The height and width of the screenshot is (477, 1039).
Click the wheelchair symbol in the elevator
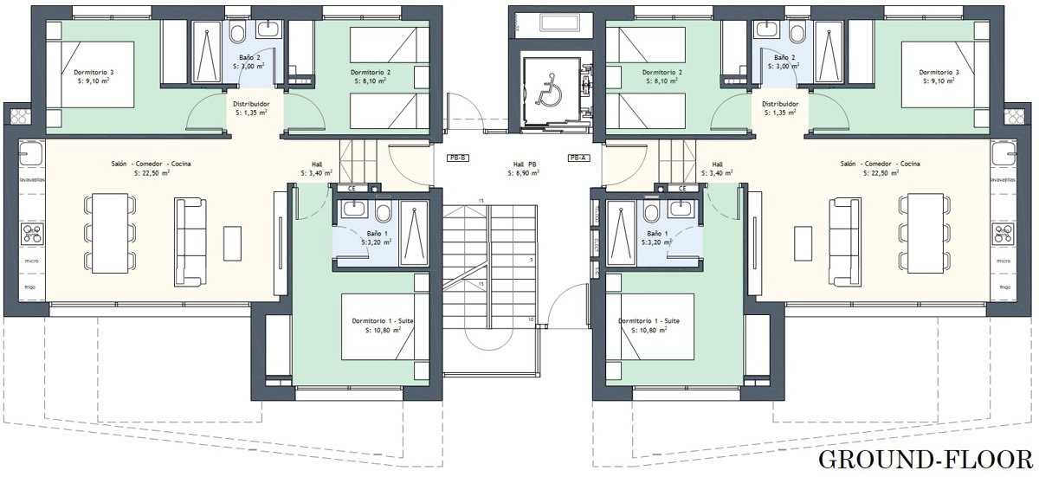point(549,89)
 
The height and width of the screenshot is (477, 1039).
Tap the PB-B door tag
point(457,158)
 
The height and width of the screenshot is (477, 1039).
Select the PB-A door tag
point(579,158)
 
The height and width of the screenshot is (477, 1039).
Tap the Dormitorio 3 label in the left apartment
point(94,73)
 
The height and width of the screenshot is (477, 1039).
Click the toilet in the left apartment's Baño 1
point(384,213)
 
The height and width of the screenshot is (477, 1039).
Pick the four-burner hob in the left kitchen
point(33,234)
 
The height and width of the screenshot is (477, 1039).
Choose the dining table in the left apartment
point(111,234)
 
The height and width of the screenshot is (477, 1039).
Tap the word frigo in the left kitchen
point(30,287)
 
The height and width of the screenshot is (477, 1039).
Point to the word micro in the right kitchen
point(1004,261)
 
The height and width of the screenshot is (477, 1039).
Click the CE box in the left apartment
point(352,189)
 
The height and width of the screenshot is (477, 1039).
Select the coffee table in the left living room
point(232,243)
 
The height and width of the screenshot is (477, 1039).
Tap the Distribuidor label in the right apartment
point(781,104)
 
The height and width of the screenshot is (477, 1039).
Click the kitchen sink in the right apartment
point(1004,153)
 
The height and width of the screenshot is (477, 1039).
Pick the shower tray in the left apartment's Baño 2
point(207,52)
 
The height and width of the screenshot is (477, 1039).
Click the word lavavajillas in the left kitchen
point(31,180)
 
